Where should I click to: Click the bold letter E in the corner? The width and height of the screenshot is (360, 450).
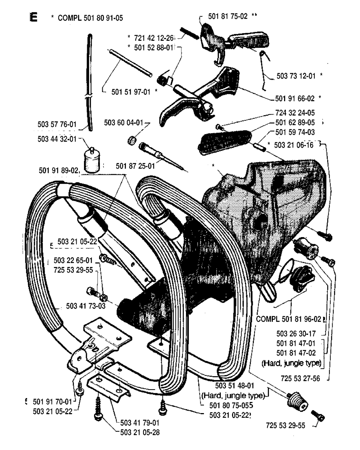click(34, 17)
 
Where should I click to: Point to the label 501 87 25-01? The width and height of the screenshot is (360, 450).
click(135, 166)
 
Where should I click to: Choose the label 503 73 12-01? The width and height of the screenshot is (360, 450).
click(297, 76)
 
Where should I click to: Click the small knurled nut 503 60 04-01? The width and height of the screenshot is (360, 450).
click(131, 141)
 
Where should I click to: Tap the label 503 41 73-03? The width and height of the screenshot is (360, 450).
click(86, 306)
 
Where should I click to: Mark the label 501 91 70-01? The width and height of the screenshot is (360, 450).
click(52, 401)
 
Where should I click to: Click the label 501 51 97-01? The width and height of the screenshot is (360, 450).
click(131, 92)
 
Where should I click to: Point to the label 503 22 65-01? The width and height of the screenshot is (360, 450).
click(73, 261)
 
